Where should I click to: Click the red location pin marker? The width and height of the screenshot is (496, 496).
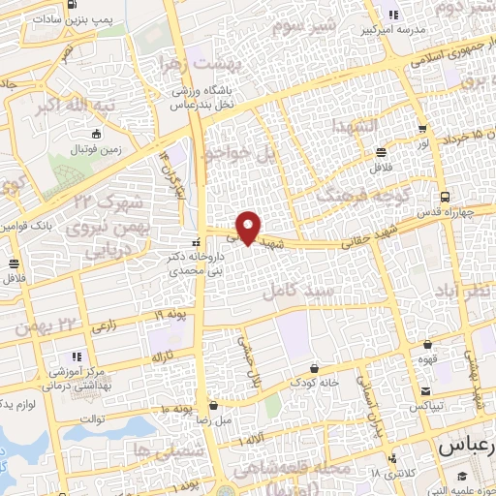tap(249, 227)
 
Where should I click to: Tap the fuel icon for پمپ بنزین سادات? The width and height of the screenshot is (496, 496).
tap(73, 5)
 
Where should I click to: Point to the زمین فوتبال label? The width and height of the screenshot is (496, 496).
tap(96, 150)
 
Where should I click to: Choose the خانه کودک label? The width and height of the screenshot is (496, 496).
tap(317, 382)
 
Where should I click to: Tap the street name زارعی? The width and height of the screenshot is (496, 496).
tap(106, 330)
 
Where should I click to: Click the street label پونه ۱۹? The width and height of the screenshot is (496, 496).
tap(171, 315)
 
